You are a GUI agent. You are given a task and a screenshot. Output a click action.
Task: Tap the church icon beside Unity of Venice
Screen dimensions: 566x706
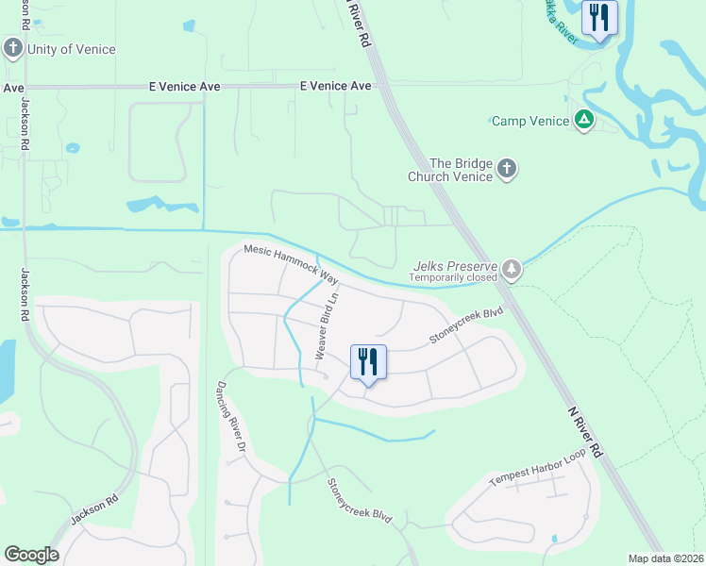click(x=13, y=48)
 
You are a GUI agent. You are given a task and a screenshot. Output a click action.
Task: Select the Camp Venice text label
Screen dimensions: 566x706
click(x=530, y=121)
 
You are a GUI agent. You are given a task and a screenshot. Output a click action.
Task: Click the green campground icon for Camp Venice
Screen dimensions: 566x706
click(x=584, y=120)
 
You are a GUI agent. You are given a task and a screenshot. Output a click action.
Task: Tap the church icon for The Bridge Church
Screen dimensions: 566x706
click(x=508, y=169)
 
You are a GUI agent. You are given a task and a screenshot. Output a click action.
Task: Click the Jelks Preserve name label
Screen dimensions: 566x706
click(x=457, y=266)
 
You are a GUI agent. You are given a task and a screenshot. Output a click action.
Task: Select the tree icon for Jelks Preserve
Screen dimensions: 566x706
click(x=512, y=269)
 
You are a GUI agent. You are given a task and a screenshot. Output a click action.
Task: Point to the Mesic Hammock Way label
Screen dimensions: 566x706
click(x=291, y=264)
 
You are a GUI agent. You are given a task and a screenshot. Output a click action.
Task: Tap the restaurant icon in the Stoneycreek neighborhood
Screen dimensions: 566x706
click(x=368, y=362)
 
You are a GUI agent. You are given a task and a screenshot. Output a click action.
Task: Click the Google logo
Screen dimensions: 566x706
click(x=31, y=555)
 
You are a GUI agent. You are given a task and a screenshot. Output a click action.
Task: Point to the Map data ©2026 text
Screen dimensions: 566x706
click(x=664, y=558)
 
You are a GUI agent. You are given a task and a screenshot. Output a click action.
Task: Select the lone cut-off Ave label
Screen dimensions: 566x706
click(x=12, y=87)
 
